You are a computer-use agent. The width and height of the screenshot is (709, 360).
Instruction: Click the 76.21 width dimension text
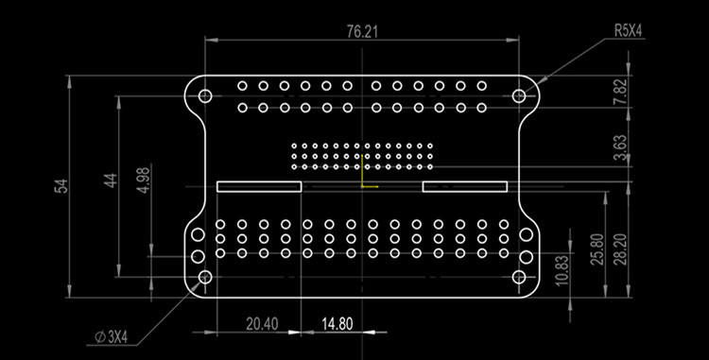pyautogui.click(x=362, y=31)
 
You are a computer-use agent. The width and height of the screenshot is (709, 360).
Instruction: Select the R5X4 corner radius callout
pyautogui.click(x=628, y=30)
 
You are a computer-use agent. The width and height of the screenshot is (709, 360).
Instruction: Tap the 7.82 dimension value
pyautogui.click(x=620, y=91)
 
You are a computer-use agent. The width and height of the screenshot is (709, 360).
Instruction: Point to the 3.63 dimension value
pyautogui.click(x=620, y=148)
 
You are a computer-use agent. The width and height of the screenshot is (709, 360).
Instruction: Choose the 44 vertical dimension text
pyautogui.click(x=110, y=180)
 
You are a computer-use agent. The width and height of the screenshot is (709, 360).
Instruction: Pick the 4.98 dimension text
pyautogui.click(x=143, y=180)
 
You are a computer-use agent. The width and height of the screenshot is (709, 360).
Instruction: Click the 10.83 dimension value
pyautogui.click(x=562, y=270)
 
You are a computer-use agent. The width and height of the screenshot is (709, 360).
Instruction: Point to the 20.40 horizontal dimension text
pyautogui.click(x=262, y=324)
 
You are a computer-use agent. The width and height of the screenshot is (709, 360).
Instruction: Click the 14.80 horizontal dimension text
pyautogui.click(x=337, y=324)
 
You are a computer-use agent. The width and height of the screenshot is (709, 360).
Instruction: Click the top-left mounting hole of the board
pyautogui.click(x=204, y=95)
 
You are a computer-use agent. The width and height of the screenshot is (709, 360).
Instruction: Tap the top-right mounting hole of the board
pyautogui.click(x=518, y=95)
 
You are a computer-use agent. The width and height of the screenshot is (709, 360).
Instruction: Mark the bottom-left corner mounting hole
pyautogui.click(x=204, y=278)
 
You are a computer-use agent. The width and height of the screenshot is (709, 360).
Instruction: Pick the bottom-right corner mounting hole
pyautogui.click(x=518, y=278)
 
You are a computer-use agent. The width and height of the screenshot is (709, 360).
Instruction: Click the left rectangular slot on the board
pyautogui.click(x=259, y=186)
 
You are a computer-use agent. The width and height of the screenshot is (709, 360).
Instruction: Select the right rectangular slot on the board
pyautogui.click(x=464, y=186)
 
